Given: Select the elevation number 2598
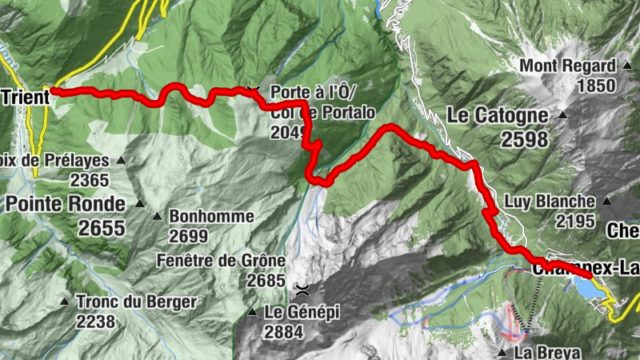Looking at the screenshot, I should [x=525, y=140].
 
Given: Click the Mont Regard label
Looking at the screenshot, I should [x=568, y=66].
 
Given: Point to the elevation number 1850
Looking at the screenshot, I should [x=598, y=86].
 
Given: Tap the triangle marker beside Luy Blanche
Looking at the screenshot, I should [x=606, y=201].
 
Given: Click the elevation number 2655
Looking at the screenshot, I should [x=102, y=228].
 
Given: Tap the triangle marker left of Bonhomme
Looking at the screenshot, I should [x=158, y=216].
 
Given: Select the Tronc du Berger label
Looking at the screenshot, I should [x=135, y=302].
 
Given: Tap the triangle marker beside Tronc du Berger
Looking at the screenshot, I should [x=64, y=302].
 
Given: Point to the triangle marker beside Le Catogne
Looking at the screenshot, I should [x=562, y=116].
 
